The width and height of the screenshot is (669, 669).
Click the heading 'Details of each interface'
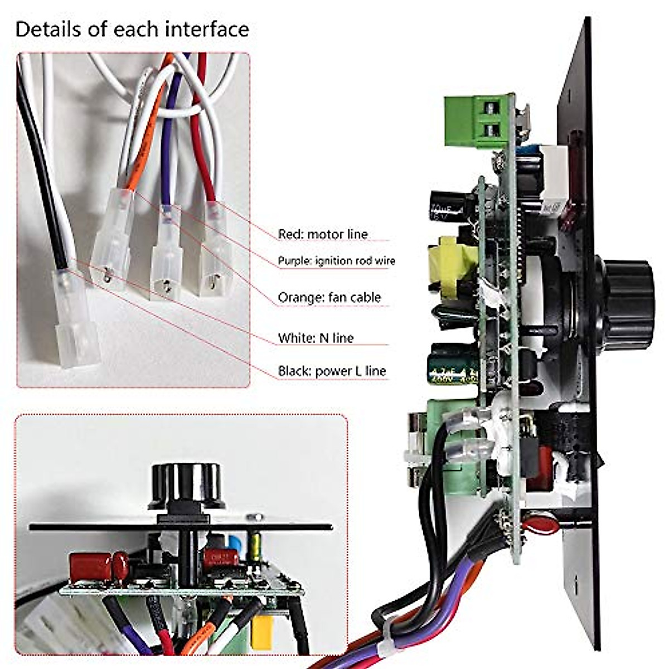[132, 29]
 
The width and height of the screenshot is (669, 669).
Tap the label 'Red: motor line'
[323, 234]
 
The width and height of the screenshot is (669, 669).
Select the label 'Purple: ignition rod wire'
[336, 261]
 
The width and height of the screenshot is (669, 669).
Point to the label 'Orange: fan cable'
[329, 298]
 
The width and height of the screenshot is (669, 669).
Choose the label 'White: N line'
[316, 338]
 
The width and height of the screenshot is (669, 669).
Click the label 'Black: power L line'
[332, 371]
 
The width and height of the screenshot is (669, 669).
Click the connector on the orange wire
[113, 240]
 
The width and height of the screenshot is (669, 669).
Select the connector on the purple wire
[167, 254]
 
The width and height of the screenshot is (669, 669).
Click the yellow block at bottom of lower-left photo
[261, 633]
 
